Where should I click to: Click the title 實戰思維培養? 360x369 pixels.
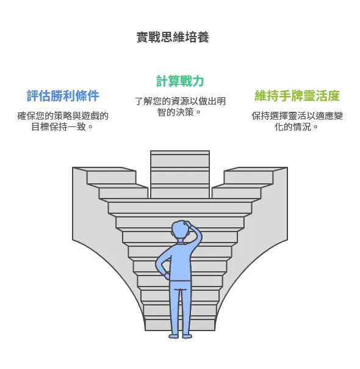172,37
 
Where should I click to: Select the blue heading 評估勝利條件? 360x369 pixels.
63,96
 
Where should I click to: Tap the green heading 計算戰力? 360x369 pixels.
179,81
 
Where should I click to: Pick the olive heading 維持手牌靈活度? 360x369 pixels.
297,96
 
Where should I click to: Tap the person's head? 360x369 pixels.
181,231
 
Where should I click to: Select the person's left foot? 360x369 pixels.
174,334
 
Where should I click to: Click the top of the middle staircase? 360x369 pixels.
180,153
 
